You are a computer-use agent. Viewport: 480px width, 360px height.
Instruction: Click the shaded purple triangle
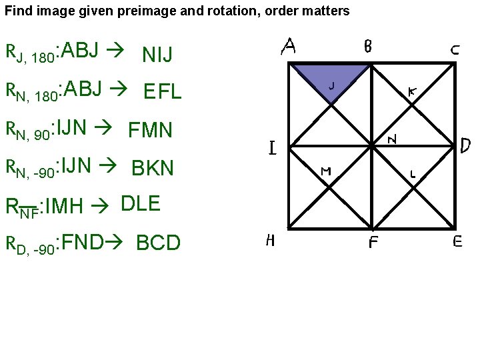click(330, 75)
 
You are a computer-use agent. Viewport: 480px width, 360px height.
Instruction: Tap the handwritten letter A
click(289, 46)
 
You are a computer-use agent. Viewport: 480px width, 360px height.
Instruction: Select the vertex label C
click(453, 49)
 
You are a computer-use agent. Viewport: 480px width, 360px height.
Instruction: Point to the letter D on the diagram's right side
click(467, 145)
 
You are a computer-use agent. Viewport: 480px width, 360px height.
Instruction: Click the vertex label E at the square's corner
click(457, 242)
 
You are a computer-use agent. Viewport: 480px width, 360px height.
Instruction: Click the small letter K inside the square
click(413, 94)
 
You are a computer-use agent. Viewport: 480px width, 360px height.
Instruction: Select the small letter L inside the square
click(413, 175)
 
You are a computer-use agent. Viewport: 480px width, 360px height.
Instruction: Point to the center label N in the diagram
click(393, 139)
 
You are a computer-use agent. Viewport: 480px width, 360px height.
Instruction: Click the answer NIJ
click(157, 55)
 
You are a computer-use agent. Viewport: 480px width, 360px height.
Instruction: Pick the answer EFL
click(162, 92)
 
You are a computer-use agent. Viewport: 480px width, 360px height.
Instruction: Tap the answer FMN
click(150, 129)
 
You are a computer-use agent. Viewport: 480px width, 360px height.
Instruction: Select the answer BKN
click(153, 168)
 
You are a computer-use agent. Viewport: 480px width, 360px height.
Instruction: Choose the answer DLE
click(141, 204)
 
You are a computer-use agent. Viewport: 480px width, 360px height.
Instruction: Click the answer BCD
click(158, 243)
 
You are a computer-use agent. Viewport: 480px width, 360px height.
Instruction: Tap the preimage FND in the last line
click(81, 241)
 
